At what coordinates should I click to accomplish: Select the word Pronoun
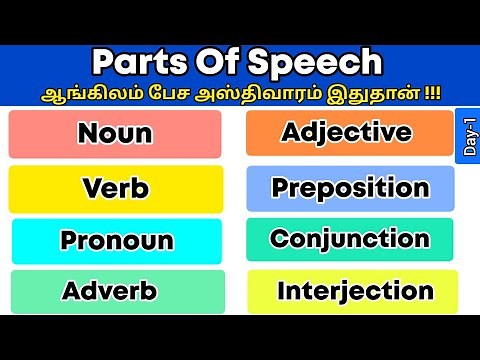[116, 241]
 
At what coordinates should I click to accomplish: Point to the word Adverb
[109, 291]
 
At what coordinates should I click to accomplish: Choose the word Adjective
[346, 132]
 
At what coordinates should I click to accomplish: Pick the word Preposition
[350, 187]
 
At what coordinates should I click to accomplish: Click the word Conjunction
[350, 239]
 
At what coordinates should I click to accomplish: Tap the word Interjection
[355, 291]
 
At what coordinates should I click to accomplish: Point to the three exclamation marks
[433, 92]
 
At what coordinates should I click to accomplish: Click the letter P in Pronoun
[69, 241]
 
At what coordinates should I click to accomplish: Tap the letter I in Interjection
[282, 291]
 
